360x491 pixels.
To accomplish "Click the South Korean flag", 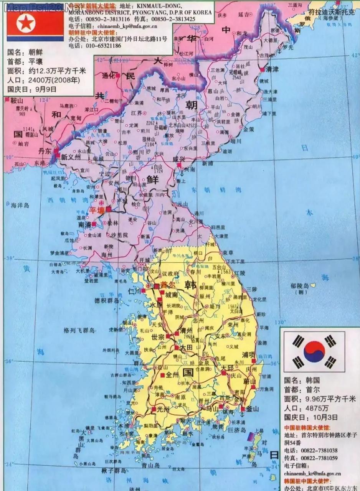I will coord(314,351).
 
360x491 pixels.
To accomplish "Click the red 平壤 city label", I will coord(97,210).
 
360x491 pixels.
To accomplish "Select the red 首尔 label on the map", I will coord(168,285).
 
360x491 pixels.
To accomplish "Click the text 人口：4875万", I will coord(306,408).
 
